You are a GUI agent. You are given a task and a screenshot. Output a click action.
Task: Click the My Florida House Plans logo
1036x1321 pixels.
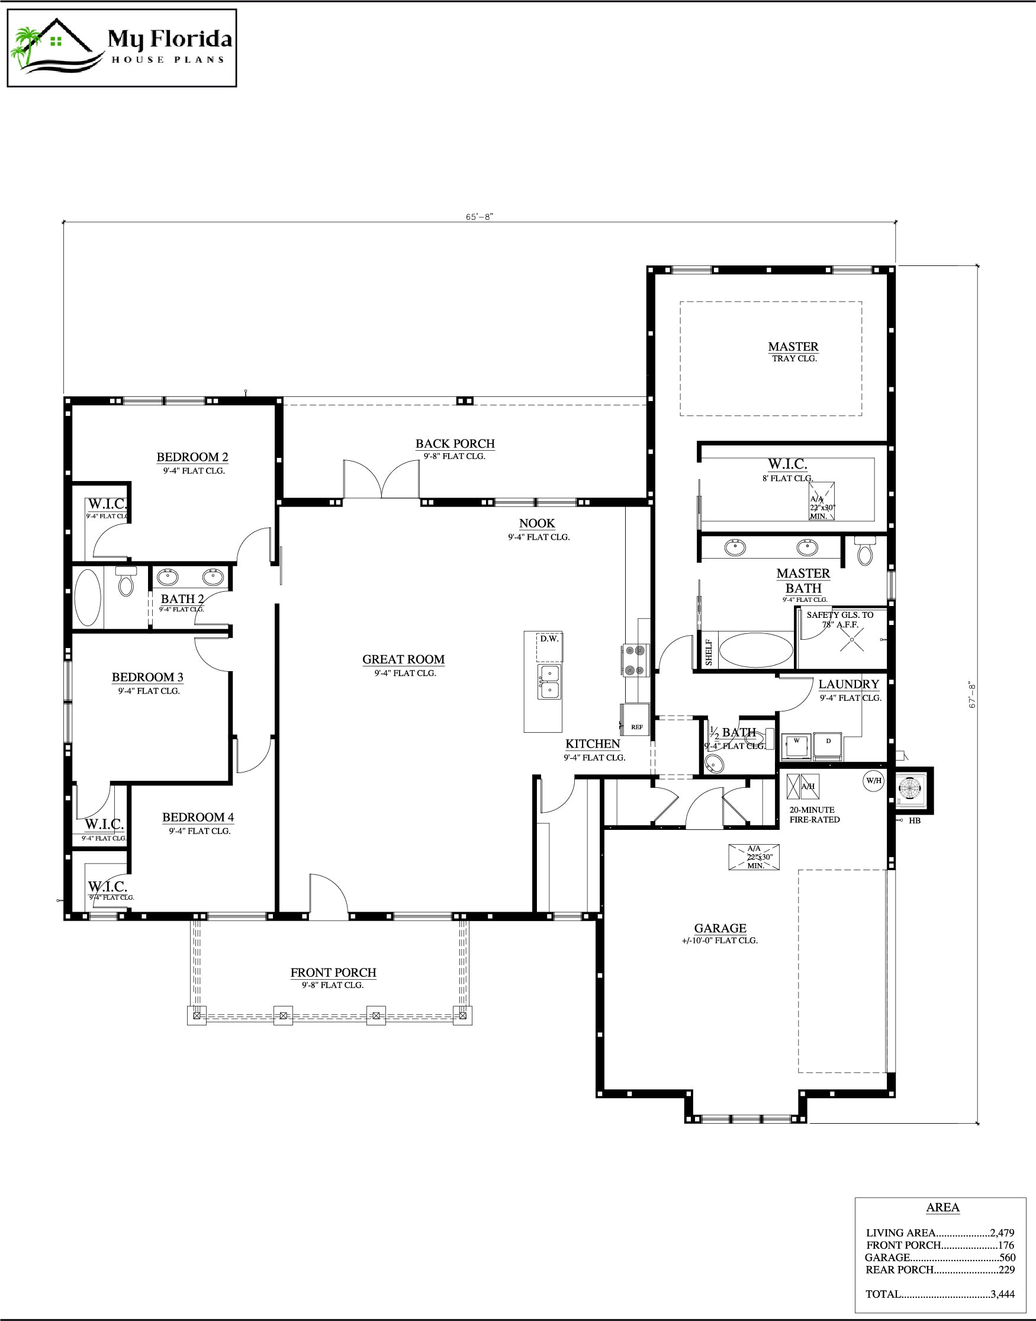tap(121, 48)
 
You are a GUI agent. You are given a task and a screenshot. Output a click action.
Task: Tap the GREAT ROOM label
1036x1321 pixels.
tap(403, 659)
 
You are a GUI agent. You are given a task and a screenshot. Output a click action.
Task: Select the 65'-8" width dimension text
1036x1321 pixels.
tap(479, 217)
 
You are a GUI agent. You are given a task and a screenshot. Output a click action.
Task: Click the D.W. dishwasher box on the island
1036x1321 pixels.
tap(549, 647)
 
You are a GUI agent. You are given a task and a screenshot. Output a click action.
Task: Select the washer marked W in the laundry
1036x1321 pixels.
tap(796, 746)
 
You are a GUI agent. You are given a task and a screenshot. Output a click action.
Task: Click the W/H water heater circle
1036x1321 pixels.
tap(873, 781)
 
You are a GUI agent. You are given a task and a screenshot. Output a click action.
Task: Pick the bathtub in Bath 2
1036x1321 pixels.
tap(88, 598)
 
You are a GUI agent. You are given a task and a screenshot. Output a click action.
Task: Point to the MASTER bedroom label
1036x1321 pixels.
tap(793, 347)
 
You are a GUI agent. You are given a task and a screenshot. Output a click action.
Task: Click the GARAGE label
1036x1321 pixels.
tap(720, 928)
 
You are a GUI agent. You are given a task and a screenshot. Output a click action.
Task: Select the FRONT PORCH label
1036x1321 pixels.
tap(333, 972)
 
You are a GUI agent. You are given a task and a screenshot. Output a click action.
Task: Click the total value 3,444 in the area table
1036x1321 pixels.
tap(1002, 1294)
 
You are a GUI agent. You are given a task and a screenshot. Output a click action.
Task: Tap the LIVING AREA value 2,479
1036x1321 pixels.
tap(1002, 1232)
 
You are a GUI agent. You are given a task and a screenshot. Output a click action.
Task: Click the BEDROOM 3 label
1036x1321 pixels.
tap(147, 677)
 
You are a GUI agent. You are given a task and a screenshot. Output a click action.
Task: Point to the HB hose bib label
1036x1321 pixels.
tap(915, 820)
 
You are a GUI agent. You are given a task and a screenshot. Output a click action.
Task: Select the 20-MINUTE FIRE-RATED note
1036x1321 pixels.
tap(814, 815)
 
